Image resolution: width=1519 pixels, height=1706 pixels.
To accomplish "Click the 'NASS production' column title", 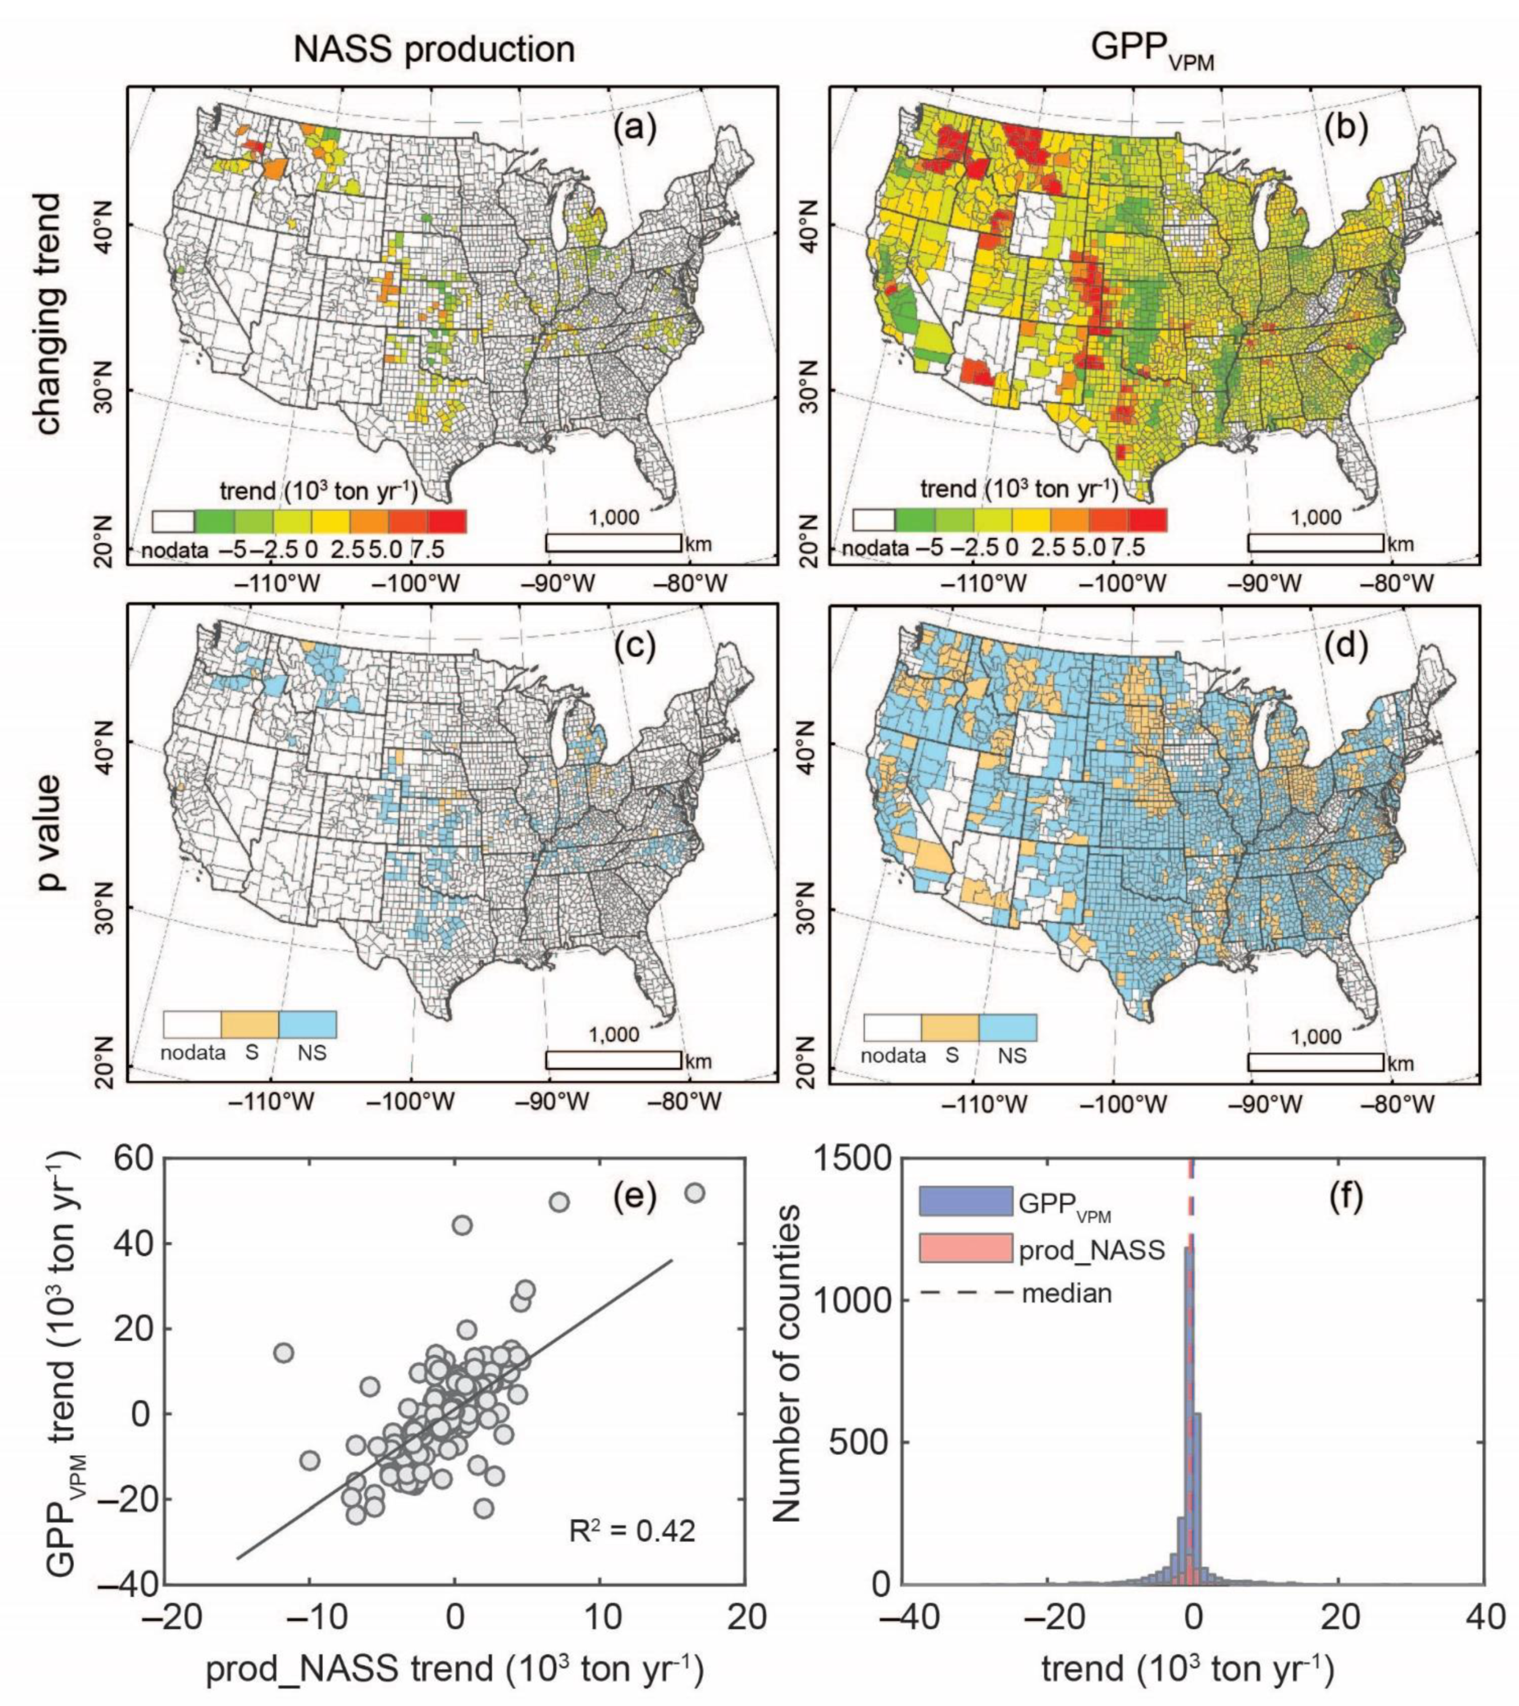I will [434, 50].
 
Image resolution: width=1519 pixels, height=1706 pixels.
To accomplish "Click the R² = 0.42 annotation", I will [632, 1532].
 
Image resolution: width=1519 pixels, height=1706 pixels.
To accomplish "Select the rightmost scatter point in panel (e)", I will [695, 1194].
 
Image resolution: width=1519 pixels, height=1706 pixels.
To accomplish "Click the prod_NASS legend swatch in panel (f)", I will [966, 1250].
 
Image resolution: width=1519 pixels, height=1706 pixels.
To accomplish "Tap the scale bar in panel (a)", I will [614, 543].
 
